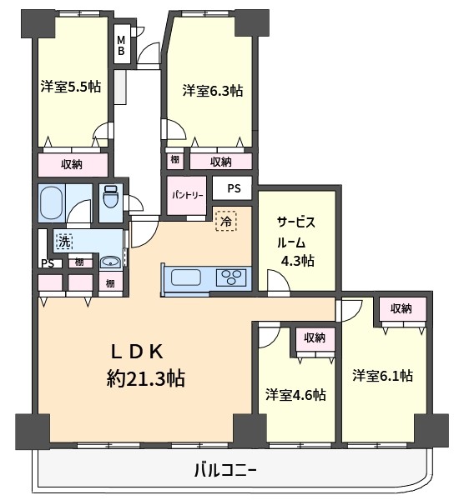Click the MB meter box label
click(121, 45)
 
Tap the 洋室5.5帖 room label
click(71, 87)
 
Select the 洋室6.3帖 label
click(213, 91)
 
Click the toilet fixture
click(111, 197)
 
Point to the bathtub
click(52, 202)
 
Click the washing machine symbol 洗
click(64, 242)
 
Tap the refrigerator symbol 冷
click(226, 221)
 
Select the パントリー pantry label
click(188, 195)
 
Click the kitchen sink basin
click(186, 277)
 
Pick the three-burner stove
click(232, 277)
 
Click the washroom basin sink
click(110, 262)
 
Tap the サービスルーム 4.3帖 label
click(296, 242)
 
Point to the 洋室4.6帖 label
click(295, 395)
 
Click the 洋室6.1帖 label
click(382, 376)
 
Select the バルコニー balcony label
click(225, 470)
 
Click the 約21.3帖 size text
click(145, 378)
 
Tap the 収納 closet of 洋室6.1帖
click(401, 308)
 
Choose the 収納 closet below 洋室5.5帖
click(72, 164)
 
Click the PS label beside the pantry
click(234, 188)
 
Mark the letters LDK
click(138, 352)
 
